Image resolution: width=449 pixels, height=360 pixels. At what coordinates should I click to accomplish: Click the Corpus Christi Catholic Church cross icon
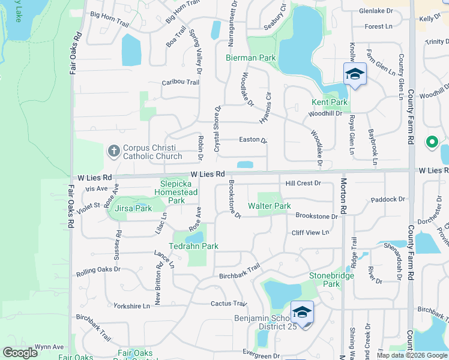(x=114, y=151)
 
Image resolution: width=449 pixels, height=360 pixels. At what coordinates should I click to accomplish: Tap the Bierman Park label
(x=250, y=58)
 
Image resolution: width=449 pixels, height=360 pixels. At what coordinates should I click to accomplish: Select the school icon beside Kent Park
(x=355, y=74)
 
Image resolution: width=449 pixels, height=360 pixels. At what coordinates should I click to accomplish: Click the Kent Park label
(x=330, y=103)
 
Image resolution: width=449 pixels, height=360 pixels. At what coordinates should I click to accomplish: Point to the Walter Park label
(x=274, y=206)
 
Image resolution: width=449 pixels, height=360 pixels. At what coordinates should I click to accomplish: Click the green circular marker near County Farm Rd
(x=431, y=143)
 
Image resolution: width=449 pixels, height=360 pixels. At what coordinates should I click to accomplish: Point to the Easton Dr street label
(x=253, y=140)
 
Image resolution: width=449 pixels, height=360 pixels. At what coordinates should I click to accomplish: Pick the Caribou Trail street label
(x=180, y=82)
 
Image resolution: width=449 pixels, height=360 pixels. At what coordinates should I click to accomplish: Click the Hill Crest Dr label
(x=304, y=183)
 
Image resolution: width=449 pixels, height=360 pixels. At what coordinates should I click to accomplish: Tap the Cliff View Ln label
(x=311, y=232)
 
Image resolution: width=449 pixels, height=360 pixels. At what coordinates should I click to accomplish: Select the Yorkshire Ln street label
(x=131, y=306)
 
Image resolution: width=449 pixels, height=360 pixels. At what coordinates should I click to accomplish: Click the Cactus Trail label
(x=229, y=304)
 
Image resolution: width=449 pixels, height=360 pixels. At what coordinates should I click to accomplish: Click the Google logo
(x=20, y=353)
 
